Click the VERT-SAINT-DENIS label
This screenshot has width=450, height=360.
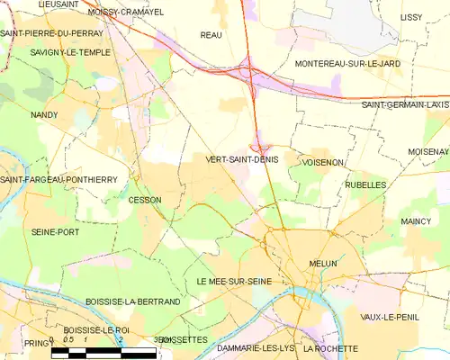tap(242, 159)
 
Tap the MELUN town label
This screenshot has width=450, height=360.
tap(322, 264)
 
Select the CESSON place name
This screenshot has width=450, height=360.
tap(145, 200)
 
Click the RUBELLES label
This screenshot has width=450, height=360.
tap(365, 184)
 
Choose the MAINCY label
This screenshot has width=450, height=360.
tap(416, 220)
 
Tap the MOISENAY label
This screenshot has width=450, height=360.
tap(427, 151)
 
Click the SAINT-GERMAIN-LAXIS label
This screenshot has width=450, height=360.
tap(404, 104)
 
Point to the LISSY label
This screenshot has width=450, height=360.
tap(411, 17)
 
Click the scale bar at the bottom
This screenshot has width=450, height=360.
tap(103, 353)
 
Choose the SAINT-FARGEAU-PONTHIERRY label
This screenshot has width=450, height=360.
tap(58, 180)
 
